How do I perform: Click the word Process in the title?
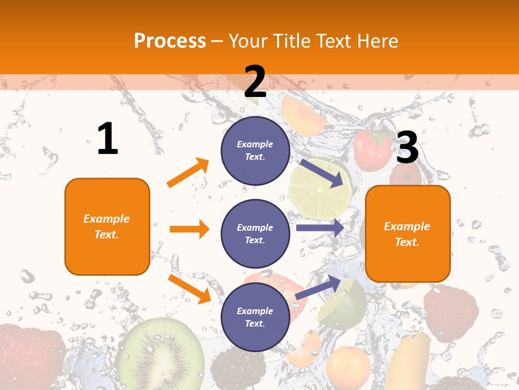coord(170,41)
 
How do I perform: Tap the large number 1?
coord(108,139)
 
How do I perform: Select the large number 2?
coord(255,81)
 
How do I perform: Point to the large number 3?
coord(407,147)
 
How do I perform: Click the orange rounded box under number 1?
coord(107,226)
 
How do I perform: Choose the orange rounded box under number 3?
coord(408,233)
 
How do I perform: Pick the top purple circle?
coord(255,151)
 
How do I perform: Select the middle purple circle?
coord(255,233)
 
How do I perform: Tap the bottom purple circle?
coord(255,317)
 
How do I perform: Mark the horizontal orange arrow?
coord(189,229)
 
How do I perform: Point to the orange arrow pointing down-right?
coord(189,288)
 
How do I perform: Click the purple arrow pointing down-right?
coord(321,173)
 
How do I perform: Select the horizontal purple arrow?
coord(320,228)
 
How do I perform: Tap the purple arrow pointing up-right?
coord(318,288)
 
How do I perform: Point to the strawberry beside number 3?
coord(372,149)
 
